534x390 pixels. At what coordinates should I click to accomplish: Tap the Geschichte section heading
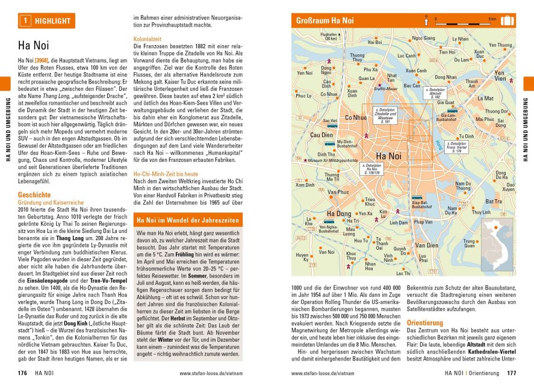pos(34,195)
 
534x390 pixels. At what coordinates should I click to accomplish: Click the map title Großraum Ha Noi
pos(325,21)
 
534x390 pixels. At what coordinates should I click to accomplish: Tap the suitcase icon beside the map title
pos(507,20)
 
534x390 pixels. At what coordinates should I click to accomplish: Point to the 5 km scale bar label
pos(492,19)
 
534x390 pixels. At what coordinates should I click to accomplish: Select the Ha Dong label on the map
pos(338,214)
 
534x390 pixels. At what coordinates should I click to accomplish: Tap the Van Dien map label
pos(427,245)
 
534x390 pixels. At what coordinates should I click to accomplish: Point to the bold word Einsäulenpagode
pos(43,280)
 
